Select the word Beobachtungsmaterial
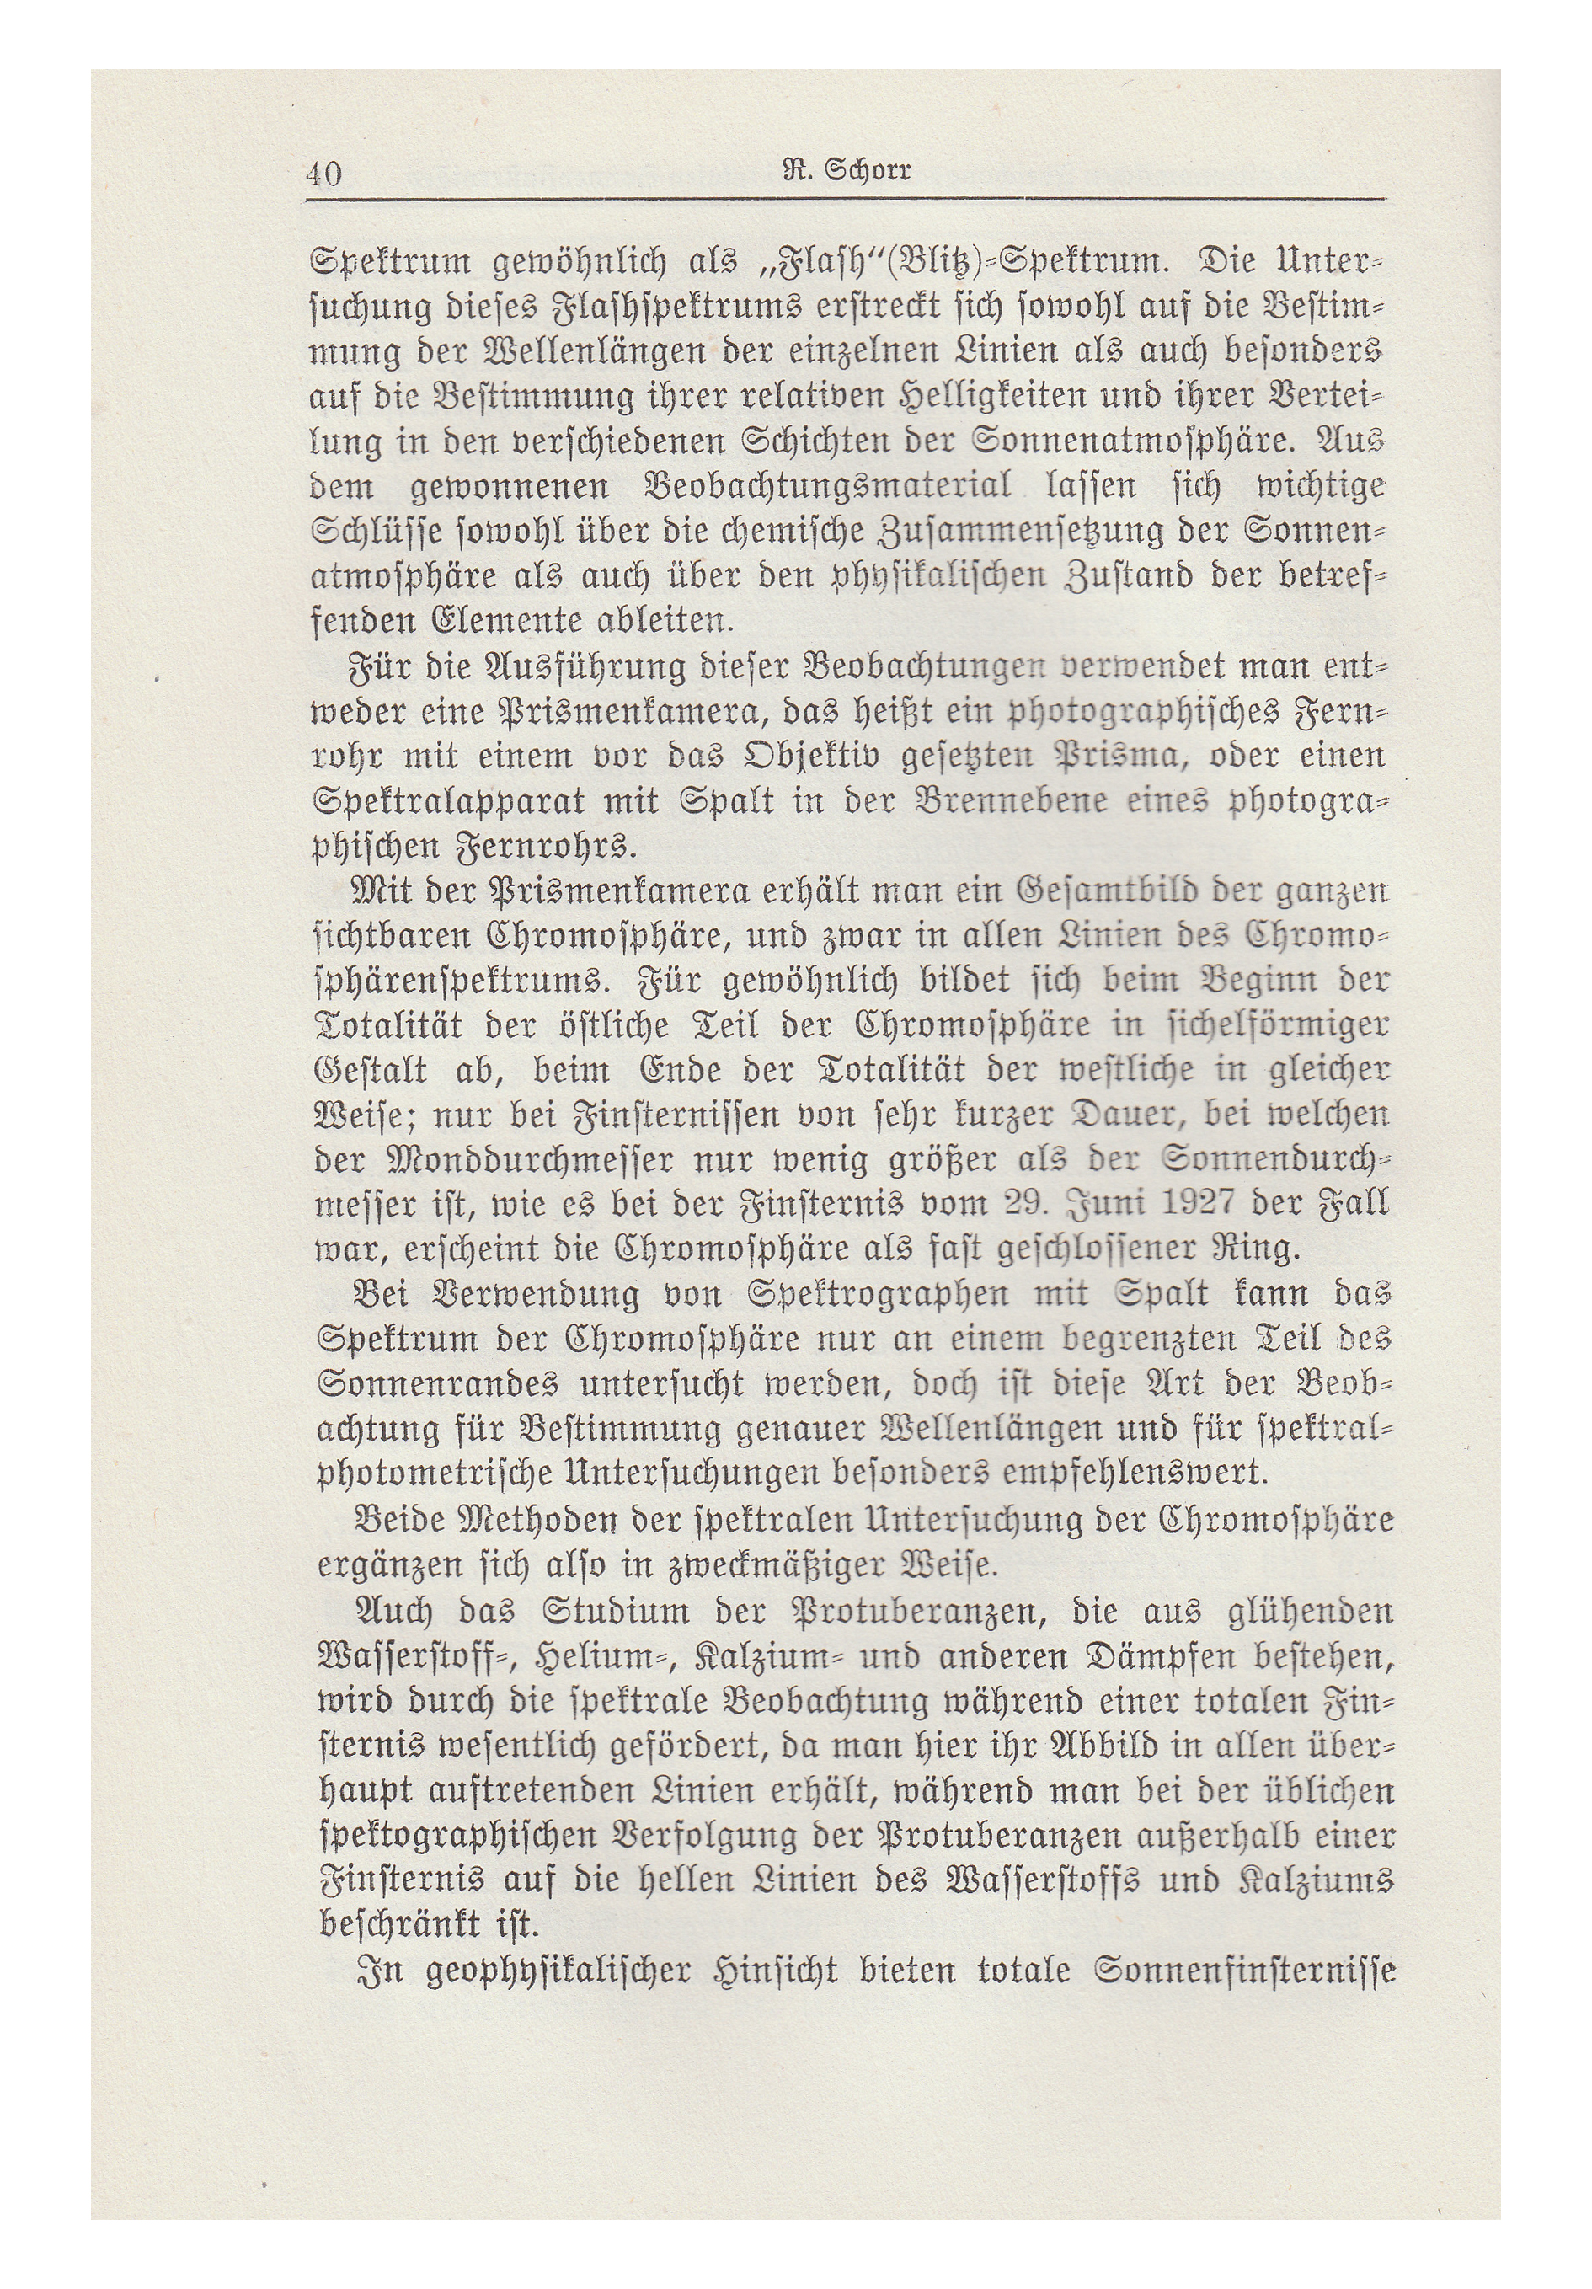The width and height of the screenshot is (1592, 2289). point(827,488)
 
